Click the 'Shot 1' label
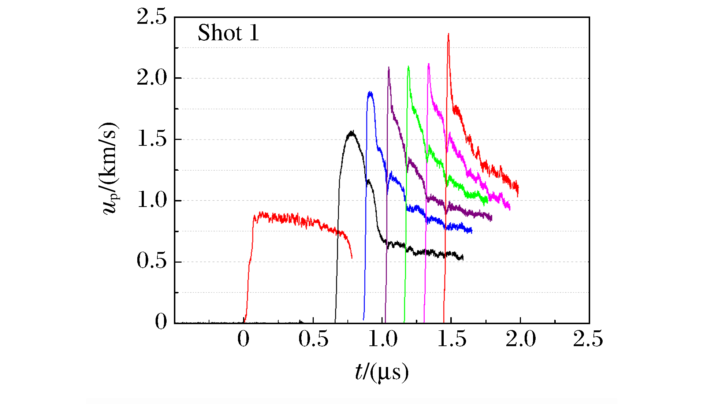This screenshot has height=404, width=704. (x=228, y=33)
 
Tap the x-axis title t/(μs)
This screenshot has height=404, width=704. (x=381, y=373)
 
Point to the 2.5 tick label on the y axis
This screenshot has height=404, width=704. (x=152, y=17)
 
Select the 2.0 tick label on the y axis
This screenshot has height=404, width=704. (x=152, y=78)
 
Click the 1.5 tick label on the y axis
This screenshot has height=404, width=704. (x=152, y=139)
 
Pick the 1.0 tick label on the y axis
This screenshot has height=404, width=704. (x=152, y=200)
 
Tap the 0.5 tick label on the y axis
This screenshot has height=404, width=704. (x=152, y=261)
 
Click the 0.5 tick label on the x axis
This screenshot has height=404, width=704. (x=313, y=339)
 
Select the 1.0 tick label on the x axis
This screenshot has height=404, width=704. (x=383, y=339)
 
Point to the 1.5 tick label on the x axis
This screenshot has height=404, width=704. (x=452, y=339)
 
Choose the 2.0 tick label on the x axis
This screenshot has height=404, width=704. (x=521, y=339)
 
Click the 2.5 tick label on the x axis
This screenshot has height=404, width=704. (x=588, y=339)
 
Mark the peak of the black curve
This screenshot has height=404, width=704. (x=352, y=131)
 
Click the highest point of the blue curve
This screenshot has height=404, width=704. (x=370, y=92)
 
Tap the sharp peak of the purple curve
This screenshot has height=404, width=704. (x=388, y=67)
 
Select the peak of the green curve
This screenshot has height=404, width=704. (x=408, y=67)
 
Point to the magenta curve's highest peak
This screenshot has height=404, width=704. (x=428, y=64)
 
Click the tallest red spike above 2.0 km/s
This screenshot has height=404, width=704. (x=448, y=34)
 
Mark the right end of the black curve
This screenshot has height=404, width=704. (x=463, y=257)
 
